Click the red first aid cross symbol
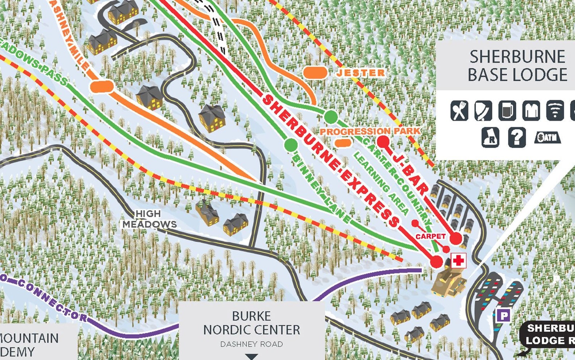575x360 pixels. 458,261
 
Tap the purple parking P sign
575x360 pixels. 503,316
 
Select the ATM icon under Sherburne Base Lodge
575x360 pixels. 547,137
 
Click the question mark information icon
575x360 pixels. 517,137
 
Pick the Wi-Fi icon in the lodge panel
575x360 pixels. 555,110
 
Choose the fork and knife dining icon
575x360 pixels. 459,110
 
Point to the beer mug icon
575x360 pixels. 507,110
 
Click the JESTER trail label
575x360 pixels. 361,73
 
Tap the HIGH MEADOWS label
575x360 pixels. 149,219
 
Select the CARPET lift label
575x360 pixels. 431,236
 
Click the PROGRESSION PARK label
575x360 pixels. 370,131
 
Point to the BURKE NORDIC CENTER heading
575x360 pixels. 251,323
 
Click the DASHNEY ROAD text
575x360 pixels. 251,344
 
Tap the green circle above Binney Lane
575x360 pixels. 291,145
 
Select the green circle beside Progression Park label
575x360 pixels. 331,117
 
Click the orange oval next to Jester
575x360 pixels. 315,72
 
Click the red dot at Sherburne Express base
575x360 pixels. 437,261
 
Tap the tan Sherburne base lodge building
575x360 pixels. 448,282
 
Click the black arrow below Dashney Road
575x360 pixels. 251,357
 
